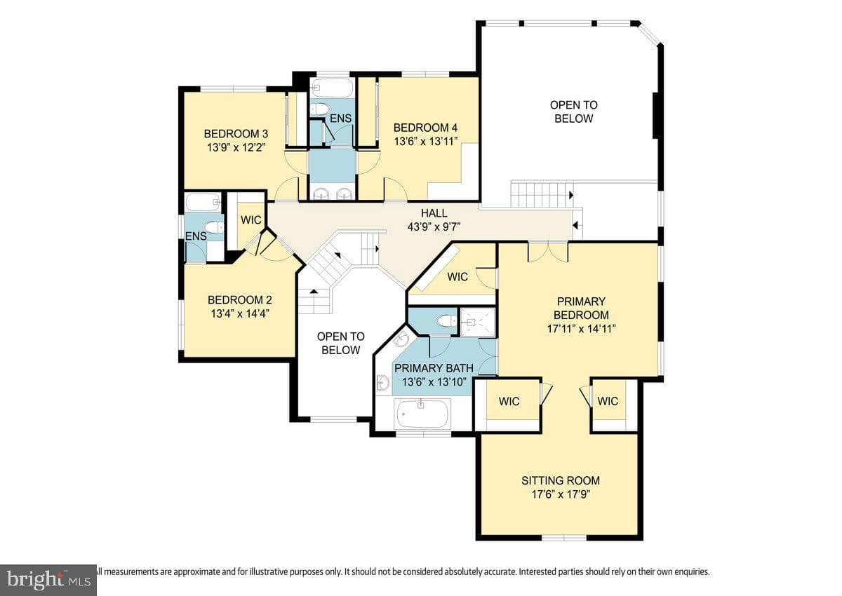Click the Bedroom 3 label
(x=236, y=134)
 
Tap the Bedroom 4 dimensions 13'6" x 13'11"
(x=425, y=142)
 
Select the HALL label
(x=434, y=213)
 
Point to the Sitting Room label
(x=561, y=481)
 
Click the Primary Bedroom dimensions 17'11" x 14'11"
(x=581, y=329)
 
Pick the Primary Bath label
(x=434, y=368)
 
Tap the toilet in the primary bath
(x=446, y=321)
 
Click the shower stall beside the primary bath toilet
(x=478, y=322)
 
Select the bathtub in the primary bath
(x=422, y=414)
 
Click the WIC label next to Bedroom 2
(x=250, y=220)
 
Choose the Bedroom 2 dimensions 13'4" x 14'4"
(x=240, y=313)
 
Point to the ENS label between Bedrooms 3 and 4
(x=340, y=118)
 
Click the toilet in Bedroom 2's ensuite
(x=213, y=227)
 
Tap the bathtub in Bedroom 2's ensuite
(x=203, y=202)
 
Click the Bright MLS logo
(x=48, y=580)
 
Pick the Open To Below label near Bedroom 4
(x=574, y=112)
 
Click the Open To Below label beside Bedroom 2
(x=340, y=344)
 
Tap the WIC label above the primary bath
(x=457, y=277)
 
